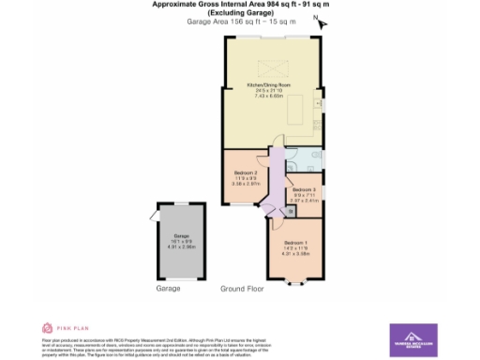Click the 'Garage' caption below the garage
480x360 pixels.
(x=168, y=289)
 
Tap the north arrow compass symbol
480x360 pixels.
(x=319, y=19)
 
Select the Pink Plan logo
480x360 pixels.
(x=59, y=327)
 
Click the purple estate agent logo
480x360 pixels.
(x=413, y=338)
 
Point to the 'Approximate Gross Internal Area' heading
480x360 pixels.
(x=240, y=4)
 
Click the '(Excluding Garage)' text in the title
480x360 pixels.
(x=240, y=12)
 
